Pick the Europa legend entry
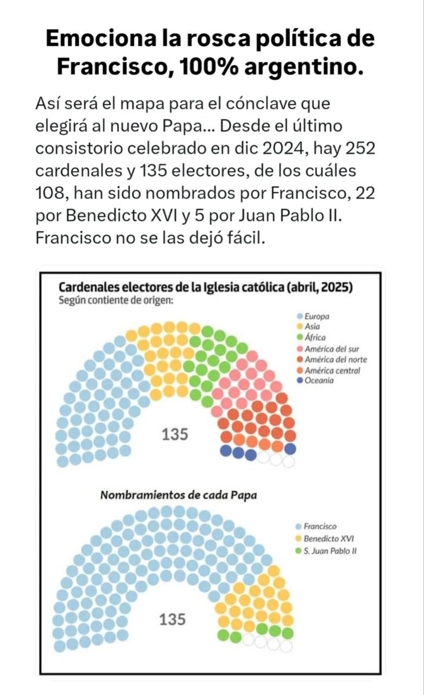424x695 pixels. [317, 316]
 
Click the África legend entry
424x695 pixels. [315, 338]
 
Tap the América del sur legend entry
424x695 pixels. [331, 349]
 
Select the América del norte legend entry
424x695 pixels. [335, 359]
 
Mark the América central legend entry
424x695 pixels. [332, 370]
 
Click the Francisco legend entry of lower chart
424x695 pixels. [320, 526]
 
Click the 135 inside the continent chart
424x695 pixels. [175, 434]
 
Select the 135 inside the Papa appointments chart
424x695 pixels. [172, 620]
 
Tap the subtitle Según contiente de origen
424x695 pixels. [116, 300]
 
